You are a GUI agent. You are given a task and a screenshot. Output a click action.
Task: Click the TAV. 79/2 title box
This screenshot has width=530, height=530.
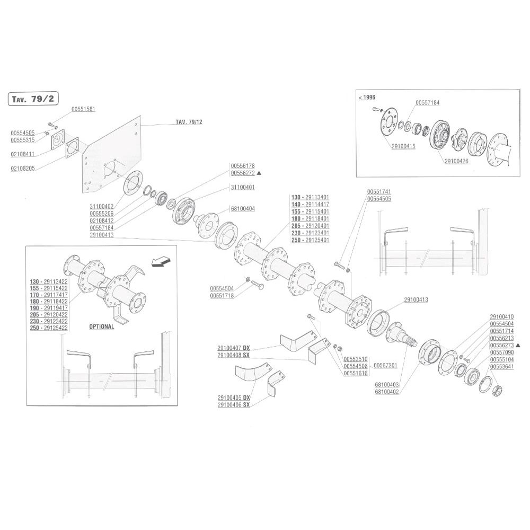click(x=33, y=99)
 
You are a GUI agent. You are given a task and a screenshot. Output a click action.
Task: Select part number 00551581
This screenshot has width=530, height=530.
click(x=83, y=109)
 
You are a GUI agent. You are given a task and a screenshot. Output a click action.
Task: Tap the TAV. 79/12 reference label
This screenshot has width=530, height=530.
click(x=189, y=122)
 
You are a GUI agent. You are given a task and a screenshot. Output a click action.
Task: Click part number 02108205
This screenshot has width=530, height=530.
click(x=23, y=169)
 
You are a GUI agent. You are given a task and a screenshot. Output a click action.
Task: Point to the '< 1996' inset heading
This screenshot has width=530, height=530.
click(x=367, y=98)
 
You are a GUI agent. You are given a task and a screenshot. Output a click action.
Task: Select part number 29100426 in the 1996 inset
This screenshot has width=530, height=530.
click(x=456, y=161)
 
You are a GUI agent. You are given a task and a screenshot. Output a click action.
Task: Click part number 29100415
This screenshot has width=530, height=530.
click(x=403, y=146)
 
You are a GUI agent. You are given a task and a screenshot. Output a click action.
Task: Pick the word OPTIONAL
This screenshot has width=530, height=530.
click(x=101, y=326)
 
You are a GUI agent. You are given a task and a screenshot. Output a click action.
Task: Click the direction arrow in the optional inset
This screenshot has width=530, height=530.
click(x=161, y=261)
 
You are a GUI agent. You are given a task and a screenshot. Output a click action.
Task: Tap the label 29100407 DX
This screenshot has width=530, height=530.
click(x=234, y=348)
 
